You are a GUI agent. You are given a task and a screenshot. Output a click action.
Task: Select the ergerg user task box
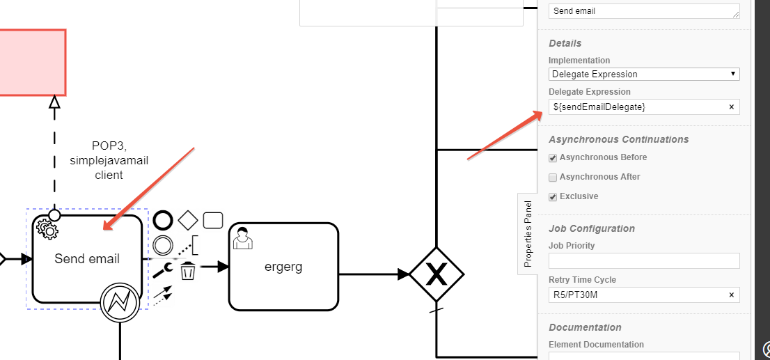283,267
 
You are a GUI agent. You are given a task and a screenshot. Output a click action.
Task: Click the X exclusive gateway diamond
436,275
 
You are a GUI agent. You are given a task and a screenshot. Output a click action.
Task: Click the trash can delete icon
187,271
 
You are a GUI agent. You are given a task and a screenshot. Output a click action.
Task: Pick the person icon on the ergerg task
242,237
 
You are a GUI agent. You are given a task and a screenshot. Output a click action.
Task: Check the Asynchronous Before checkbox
553,158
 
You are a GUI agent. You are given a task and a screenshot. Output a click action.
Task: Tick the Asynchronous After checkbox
553,178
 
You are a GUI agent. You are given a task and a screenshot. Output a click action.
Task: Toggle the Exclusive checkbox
553,197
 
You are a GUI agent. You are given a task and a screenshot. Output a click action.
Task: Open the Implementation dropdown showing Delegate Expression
643,74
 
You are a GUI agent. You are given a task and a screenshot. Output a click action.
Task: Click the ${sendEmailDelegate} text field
637,107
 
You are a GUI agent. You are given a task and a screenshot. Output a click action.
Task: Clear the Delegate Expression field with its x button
731,107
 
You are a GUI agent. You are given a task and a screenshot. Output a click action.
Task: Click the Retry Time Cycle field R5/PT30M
637,295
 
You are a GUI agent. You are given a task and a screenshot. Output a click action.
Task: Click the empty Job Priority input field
643,261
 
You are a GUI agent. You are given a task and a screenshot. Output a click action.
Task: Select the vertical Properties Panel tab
528,234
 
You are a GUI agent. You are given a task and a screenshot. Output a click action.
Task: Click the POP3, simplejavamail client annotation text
109,161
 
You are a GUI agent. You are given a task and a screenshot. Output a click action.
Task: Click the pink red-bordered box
31,62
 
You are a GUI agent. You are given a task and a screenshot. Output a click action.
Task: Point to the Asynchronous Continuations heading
618,139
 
